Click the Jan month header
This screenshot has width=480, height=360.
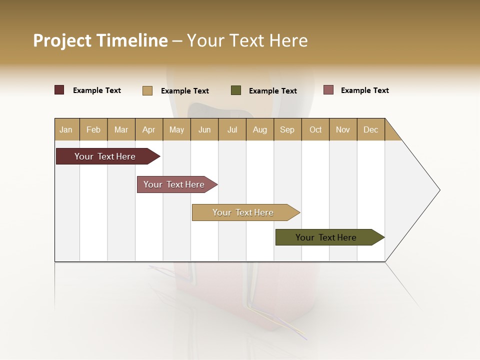click(x=66, y=129)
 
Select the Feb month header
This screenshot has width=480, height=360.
click(x=93, y=129)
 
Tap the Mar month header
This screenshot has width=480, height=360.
click(x=121, y=129)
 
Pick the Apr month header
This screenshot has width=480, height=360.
click(x=149, y=129)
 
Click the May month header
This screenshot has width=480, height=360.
click(x=176, y=129)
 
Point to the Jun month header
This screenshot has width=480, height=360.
click(x=204, y=129)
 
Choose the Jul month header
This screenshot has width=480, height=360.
click(x=232, y=129)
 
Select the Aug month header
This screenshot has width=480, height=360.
click(x=260, y=129)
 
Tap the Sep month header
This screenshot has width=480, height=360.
click(x=287, y=129)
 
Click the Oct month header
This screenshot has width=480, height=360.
click(x=315, y=129)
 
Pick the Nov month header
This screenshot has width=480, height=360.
click(x=343, y=129)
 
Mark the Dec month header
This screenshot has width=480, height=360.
click(x=371, y=129)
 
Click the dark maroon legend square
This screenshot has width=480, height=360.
click(x=59, y=90)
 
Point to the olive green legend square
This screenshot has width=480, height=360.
click(x=236, y=90)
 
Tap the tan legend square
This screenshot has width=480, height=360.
click(x=147, y=90)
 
